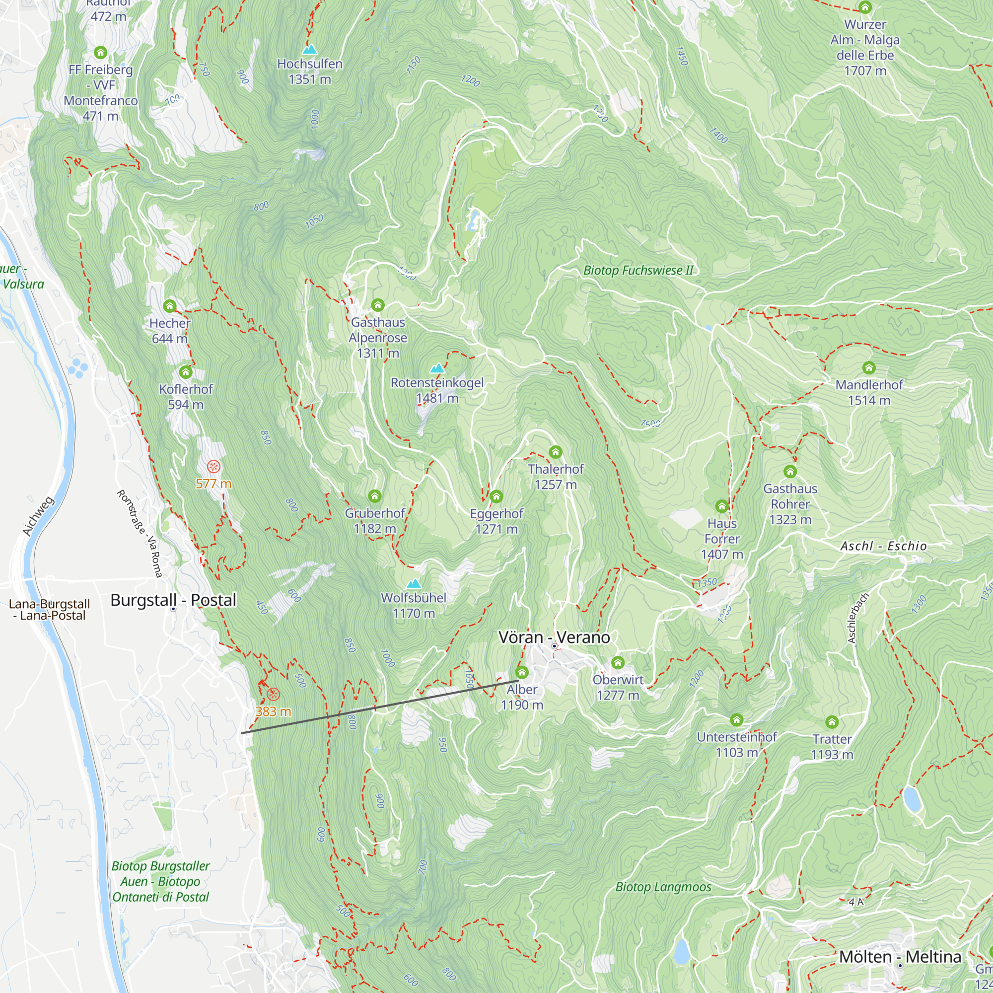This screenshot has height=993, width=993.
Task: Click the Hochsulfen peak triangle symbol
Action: [x=309, y=49]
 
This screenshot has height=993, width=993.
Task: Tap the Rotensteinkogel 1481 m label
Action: [x=437, y=390]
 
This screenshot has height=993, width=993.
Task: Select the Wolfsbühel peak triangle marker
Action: [x=414, y=583]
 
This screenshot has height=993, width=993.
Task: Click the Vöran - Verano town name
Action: [x=554, y=638]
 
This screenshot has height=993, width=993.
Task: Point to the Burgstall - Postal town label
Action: [x=173, y=600]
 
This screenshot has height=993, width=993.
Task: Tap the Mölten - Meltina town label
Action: [x=900, y=957]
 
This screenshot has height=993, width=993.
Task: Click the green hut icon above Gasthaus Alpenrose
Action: [x=378, y=305]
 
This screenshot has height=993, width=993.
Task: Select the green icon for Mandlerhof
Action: [x=868, y=367]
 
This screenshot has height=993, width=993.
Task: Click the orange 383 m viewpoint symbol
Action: [x=274, y=695]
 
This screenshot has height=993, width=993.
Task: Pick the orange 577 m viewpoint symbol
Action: [x=214, y=467]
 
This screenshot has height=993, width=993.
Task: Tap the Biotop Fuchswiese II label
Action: [x=638, y=271]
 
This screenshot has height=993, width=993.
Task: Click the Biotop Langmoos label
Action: [x=663, y=887]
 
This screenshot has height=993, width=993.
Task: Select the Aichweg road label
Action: [x=39, y=515]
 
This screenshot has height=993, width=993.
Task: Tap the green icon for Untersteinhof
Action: [x=736, y=719]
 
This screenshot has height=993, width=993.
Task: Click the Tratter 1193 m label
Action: [x=832, y=747]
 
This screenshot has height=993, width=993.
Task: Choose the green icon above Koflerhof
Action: [x=186, y=371]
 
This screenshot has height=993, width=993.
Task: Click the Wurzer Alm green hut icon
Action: [x=865, y=7]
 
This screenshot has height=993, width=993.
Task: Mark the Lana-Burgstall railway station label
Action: [x=49, y=610]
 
